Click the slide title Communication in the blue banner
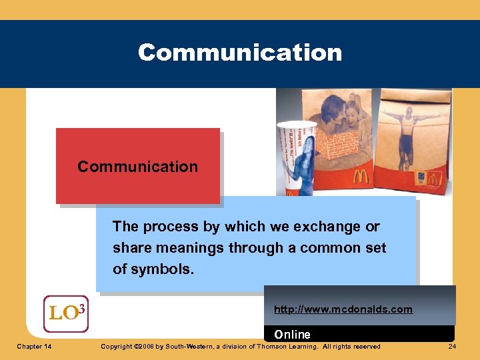(x=240, y=53)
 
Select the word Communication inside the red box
(x=137, y=167)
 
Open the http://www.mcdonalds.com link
(x=343, y=309)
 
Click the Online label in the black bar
(x=292, y=334)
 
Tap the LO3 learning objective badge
(x=66, y=313)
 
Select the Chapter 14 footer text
(x=36, y=347)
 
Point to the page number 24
(x=452, y=347)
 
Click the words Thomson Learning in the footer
(x=287, y=347)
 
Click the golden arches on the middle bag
(x=360, y=177)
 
